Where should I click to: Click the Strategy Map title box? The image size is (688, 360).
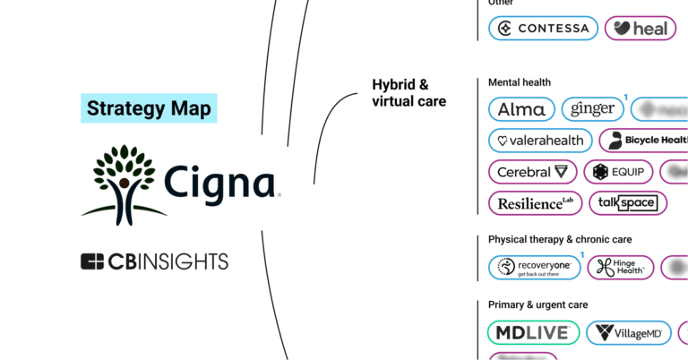point(149,109)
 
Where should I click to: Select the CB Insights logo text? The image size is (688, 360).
point(154,261)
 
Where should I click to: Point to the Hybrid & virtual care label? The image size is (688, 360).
point(408,93)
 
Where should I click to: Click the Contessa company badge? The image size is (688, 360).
point(543,28)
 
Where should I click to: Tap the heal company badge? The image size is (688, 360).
point(641,28)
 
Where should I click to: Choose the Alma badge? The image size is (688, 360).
point(520,109)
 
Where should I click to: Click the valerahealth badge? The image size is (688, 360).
point(540,141)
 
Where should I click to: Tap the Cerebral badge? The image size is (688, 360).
point(532,172)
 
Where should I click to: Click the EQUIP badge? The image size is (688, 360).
point(618,172)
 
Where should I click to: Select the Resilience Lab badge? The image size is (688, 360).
point(535,203)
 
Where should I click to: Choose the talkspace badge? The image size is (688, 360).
point(627,203)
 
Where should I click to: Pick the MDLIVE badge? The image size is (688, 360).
point(532,333)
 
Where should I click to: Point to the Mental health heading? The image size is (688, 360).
point(520,82)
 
